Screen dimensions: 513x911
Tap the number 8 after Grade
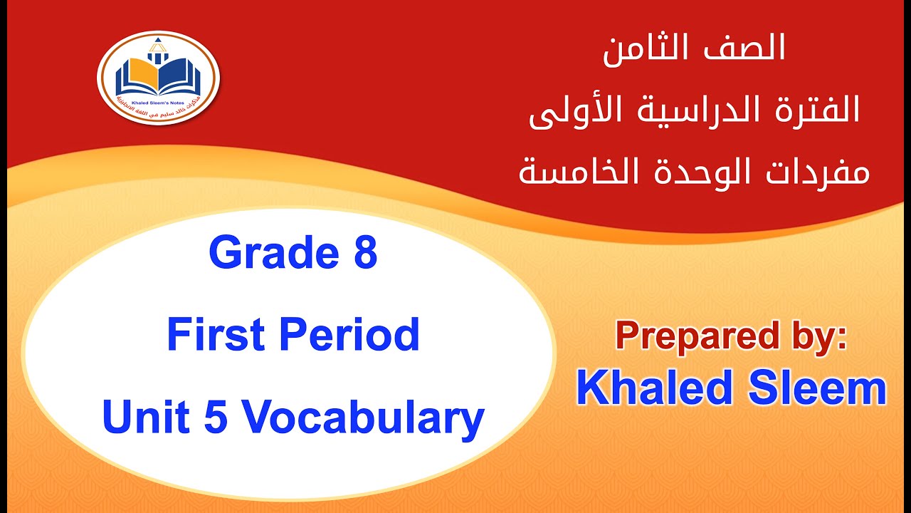[364, 254]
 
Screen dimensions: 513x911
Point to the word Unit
[145, 418]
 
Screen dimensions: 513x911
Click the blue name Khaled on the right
[655, 389]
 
